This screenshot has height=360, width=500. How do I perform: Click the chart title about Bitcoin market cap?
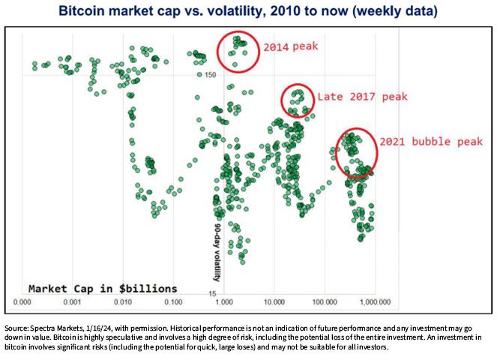(x=248, y=10)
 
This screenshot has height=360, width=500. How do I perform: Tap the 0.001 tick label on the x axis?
(x=73, y=302)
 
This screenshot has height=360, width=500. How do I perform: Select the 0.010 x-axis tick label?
(x=123, y=302)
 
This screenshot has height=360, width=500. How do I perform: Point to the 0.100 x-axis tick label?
(x=173, y=302)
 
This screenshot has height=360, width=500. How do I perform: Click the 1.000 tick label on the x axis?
(x=224, y=302)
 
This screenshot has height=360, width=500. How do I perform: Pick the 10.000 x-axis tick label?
(x=274, y=302)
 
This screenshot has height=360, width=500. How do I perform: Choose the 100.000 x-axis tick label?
(x=325, y=302)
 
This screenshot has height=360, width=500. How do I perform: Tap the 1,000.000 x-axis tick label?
(x=375, y=302)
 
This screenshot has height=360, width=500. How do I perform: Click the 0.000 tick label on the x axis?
(x=22, y=302)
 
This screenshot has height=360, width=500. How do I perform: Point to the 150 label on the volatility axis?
(x=211, y=75)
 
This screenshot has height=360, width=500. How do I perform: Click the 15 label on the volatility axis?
(x=212, y=294)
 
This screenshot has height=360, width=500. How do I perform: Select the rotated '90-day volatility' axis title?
(x=217, y=253)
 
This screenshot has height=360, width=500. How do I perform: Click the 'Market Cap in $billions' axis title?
(x=103, y=289)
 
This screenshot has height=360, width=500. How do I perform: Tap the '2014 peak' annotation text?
(x=291, y=46)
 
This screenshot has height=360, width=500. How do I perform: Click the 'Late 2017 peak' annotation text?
(x=363, y=97)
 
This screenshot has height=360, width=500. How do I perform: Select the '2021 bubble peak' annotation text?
(x=431, y=142)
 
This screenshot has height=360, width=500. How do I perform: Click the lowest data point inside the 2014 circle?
(x=235, y=64)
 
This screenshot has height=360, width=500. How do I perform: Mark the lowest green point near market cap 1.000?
(x=242, y=262)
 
